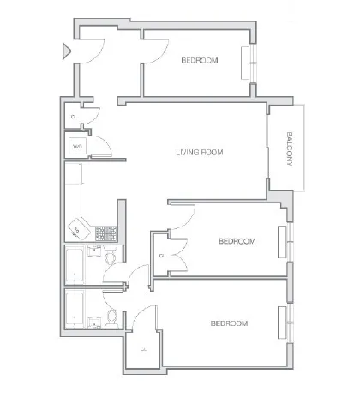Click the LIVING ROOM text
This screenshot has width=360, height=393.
pos(199,153)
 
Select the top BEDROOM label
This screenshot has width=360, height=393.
pos(200,61)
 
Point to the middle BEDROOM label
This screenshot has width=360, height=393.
pos(237,242)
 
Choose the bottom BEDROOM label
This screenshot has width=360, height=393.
pos(229,323)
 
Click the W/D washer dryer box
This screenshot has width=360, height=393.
pos(77,147)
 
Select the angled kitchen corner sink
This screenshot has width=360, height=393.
pos(76,230)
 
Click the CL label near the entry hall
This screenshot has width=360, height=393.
pos(74,117)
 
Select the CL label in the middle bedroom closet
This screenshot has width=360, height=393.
pos(163,256)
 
